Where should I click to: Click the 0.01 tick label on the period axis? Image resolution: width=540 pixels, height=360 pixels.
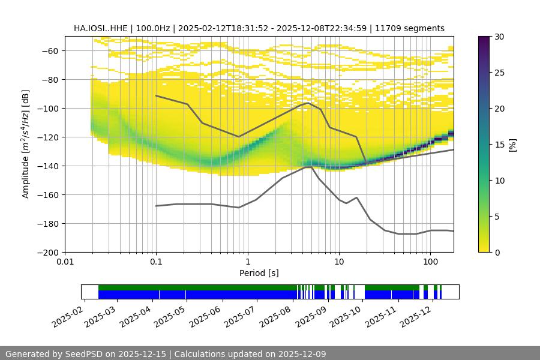(65, 262)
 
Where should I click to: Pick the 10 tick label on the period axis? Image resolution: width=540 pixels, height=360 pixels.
(338, 262)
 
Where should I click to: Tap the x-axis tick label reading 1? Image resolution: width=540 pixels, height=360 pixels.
(247, 262)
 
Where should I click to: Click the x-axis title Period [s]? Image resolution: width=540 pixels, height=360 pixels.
(259, 273)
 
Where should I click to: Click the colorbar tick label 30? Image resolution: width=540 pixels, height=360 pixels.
(499, 37)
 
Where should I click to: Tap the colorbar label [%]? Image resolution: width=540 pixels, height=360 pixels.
(512, 145)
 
